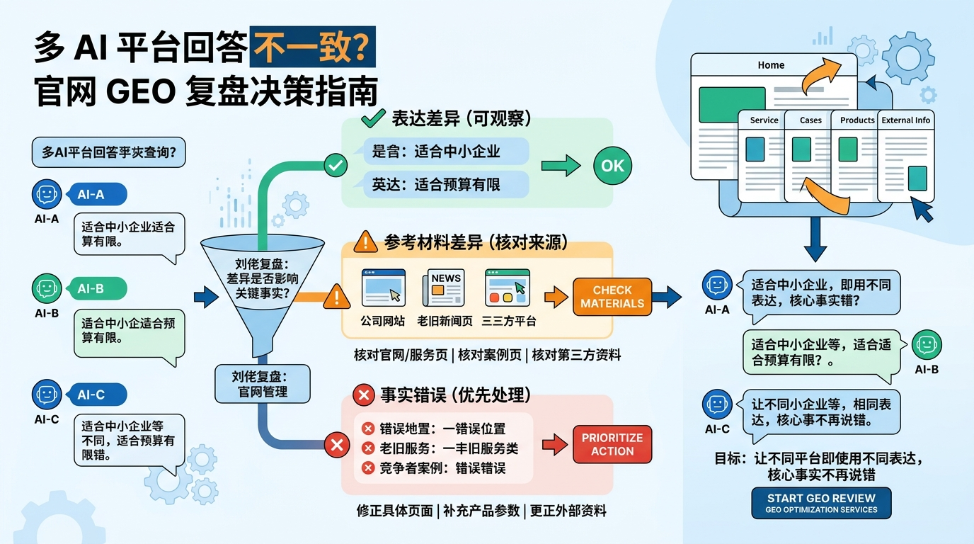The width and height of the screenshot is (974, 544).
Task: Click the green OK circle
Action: click(x=612, y=166)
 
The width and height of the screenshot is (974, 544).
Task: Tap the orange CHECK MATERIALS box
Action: click(x=612, y=297)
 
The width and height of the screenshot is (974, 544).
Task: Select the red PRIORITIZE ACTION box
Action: click(x=612, y=444)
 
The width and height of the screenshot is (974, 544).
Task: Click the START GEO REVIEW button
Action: click(x=821, y=503)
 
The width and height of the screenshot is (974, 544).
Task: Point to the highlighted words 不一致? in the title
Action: click(x=312, y=47)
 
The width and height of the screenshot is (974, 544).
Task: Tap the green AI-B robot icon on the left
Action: click(x=47, y=288)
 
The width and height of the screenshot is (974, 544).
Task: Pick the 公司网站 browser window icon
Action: click(x=383, y=288)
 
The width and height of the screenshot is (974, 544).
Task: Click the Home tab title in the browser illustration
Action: click(x=771, y=65)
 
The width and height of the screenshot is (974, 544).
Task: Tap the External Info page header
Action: click(x=905, y=120)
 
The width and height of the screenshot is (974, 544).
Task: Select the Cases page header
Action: click(x=810, y=120)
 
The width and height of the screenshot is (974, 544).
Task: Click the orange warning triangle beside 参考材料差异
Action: click(x=365, y=242)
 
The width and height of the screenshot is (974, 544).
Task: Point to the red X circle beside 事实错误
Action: click(x=364, y=395)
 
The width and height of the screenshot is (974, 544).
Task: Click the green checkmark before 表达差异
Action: click(x=372, y=118)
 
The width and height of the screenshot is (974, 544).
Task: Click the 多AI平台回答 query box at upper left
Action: click(x=108, y=152)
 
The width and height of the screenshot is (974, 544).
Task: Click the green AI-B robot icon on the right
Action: click(x=927, y=345)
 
